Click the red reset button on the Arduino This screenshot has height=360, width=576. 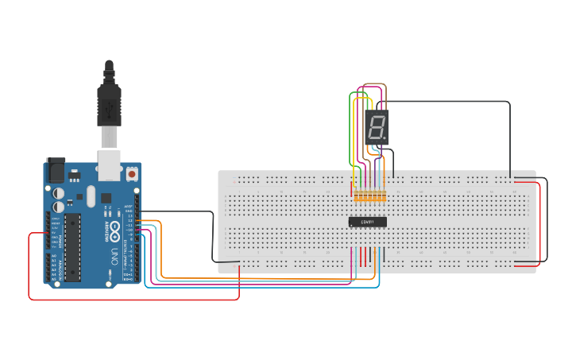[131, 172]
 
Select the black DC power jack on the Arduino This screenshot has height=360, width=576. [56, 170]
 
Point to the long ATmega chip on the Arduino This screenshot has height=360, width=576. [72, 247]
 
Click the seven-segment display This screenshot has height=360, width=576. [377, 127]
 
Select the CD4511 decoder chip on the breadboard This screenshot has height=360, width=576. [368, 222]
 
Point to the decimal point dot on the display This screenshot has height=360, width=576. [385, 139]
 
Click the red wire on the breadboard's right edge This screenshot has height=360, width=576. [540, 223]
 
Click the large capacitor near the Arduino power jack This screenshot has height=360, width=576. [59, 193]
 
